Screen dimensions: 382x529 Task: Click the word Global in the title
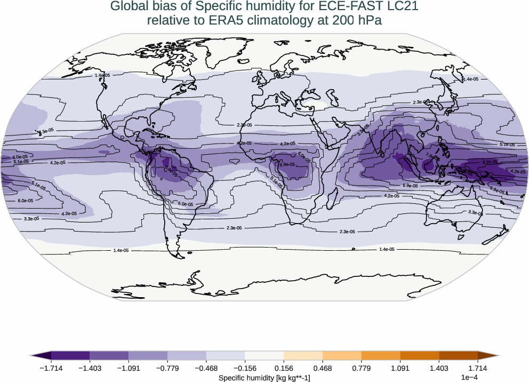point(127,7)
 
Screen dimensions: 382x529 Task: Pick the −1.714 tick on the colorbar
point(51,368)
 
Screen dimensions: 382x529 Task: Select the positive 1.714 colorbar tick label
point(478,368)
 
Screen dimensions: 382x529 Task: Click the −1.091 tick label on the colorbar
point(129,368)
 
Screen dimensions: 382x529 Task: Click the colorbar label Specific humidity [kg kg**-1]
point(264,377)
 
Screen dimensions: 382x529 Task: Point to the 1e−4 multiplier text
point(468,377)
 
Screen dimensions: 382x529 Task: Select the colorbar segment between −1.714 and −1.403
point(70,355)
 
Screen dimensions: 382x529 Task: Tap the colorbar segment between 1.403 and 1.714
point(458,355)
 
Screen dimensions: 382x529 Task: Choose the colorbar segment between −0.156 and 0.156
point(264,355)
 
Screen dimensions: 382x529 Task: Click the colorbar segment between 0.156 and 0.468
point(303,355)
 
